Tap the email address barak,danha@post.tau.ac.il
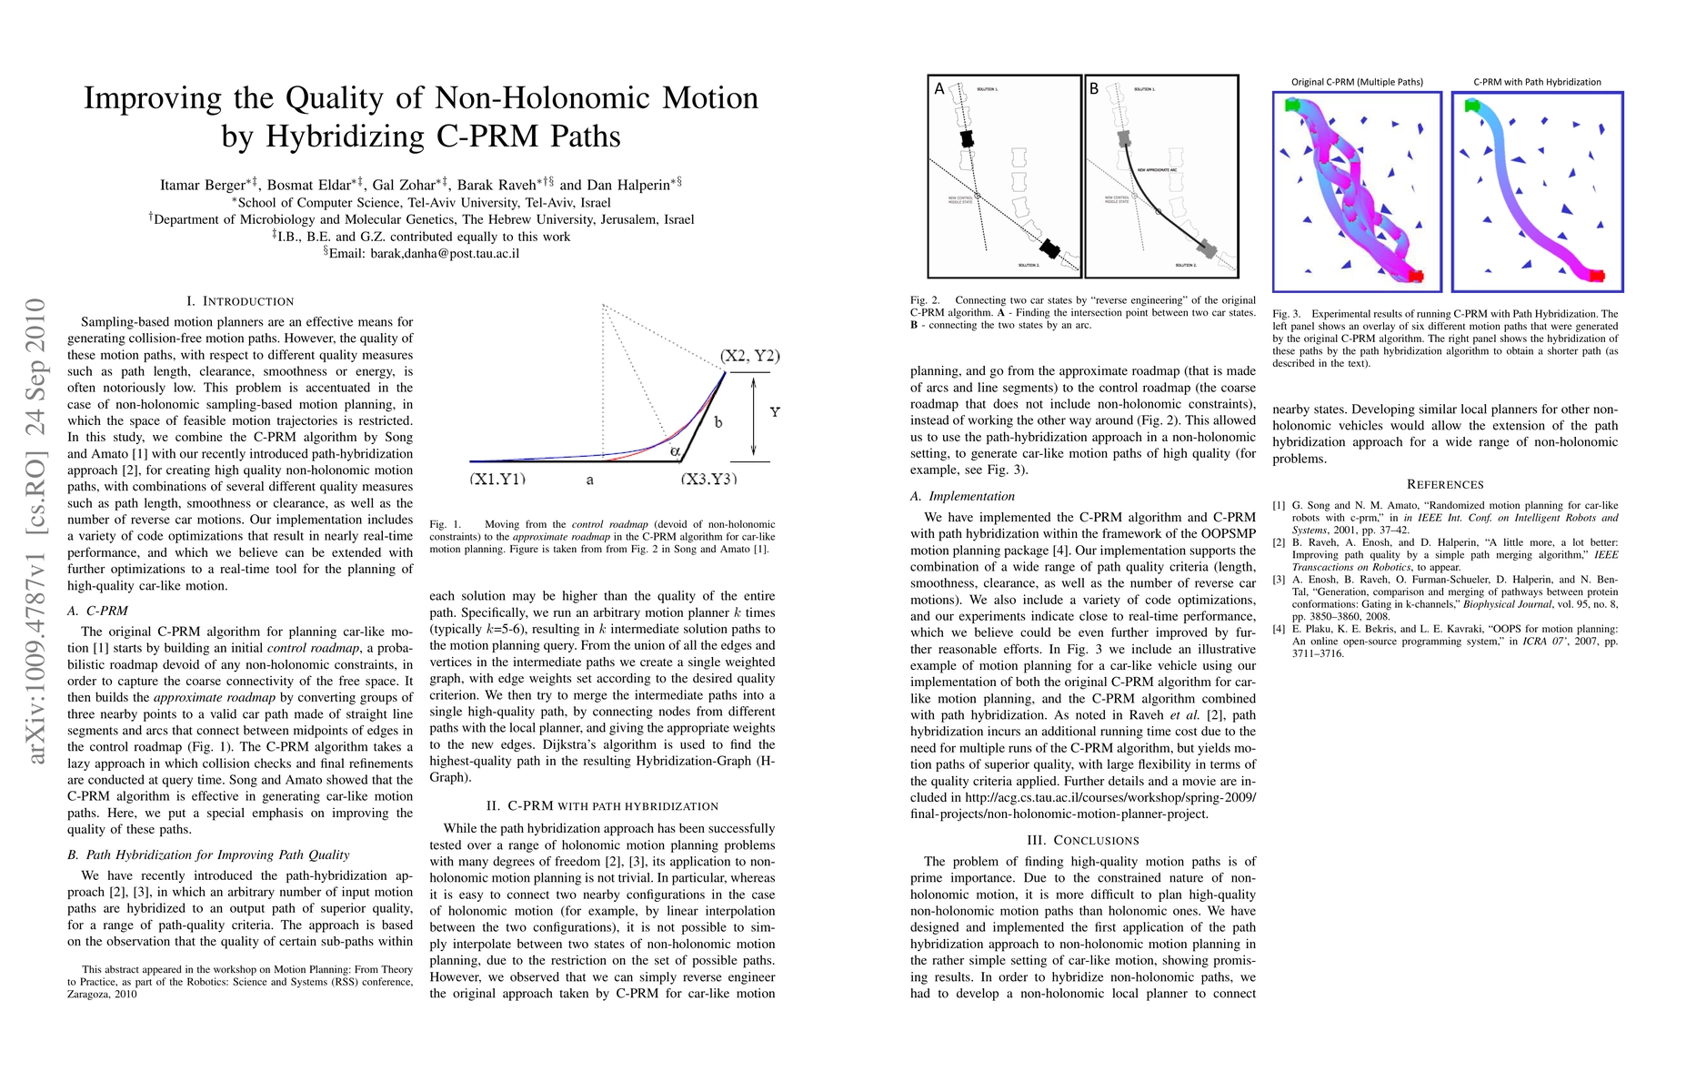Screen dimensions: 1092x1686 pos(445,253)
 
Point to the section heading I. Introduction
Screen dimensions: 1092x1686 pos(240,301)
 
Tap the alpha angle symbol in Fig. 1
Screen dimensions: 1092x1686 pos(674,450)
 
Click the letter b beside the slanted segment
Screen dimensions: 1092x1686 pos(718,422)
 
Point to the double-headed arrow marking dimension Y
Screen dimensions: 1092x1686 pos(754,417)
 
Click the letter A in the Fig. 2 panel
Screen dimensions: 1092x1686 pos(939,89)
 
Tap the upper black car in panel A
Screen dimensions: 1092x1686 pos(967,139)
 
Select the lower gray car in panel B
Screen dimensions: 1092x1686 pos(1207,248)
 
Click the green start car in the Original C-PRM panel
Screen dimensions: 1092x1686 pos(1292,106)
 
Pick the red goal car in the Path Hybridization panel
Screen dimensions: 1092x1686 pos(1596,275)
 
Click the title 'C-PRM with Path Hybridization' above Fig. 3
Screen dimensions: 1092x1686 pos(1537,82)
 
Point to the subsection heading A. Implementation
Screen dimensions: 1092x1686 pos(962,496)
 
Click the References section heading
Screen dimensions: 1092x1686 pos(1445,484)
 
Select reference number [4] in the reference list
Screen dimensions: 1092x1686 pos(1280,628)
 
